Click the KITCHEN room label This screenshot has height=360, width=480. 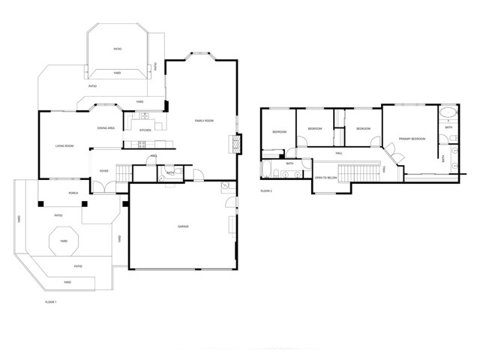point(145,130)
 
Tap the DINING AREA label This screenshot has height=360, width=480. point(106,128)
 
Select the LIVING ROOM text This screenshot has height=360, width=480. point(64,146)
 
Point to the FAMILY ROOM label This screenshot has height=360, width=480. point(205,121)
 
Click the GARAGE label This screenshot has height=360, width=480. point(182,226)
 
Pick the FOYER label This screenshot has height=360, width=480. point(104,170)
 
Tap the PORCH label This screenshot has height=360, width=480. point(73,193)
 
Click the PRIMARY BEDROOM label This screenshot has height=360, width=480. point(412,139)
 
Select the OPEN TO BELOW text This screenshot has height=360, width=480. point(325,178)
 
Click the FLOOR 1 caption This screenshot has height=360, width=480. point(51,301)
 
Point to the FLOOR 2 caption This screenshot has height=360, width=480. point(266,191)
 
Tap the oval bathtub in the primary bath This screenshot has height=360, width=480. point(447,114)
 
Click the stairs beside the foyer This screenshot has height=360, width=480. point(123,173)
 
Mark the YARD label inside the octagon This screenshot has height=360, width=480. point(64,241)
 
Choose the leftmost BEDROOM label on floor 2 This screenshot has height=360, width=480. point(279,132)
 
